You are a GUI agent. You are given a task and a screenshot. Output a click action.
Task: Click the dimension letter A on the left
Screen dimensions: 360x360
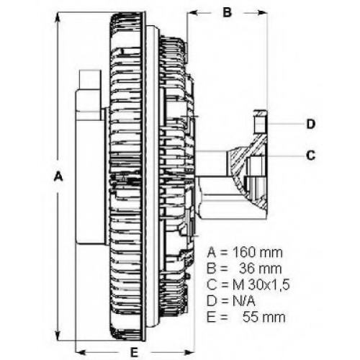point(58,176)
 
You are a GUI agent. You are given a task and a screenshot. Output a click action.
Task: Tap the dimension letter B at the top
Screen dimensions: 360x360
point(227,12)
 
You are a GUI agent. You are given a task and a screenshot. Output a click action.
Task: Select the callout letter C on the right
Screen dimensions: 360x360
point(311,156)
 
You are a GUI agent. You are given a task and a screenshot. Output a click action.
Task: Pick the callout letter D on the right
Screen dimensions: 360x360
point(311,124)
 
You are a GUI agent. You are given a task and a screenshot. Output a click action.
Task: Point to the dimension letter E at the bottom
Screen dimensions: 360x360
point(134,352)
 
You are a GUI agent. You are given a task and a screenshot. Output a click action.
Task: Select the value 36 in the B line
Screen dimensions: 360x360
point(248,269)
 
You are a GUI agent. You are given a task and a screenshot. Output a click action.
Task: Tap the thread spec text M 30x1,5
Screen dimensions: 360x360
point(261,284)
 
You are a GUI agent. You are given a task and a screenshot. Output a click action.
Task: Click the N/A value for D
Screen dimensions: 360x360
point(243,301)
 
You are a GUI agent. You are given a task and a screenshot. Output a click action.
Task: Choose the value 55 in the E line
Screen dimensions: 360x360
point(251,318)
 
